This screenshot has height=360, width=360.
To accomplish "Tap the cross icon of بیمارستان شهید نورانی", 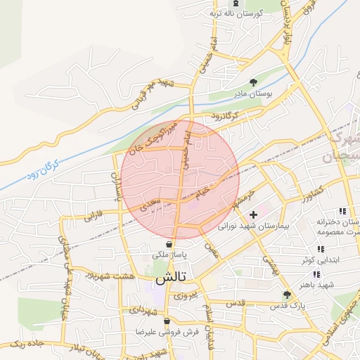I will [x=253, y=214].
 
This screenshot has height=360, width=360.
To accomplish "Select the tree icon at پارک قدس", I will [x=286, y=295].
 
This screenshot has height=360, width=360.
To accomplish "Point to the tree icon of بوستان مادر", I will [x=254, y=82].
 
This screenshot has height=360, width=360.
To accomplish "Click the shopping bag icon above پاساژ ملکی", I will [x=169, y=244].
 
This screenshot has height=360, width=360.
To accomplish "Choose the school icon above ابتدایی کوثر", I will [x=321, y=249].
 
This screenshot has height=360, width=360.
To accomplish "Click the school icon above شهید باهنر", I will [x=316, y=274].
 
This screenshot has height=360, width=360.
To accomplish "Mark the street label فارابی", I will [x=94, y=214].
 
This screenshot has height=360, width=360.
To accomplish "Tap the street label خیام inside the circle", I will [x=203, y=191].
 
